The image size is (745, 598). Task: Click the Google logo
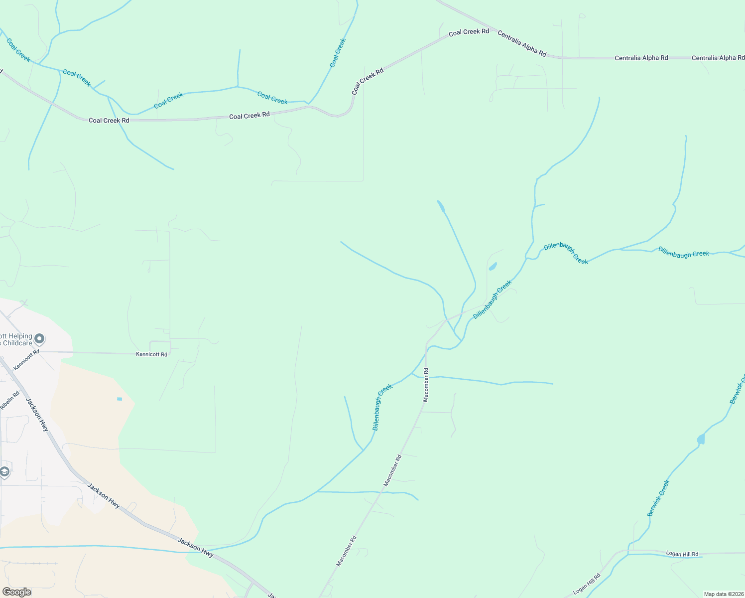(17, 592)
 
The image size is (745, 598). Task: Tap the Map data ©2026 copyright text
(723, 594)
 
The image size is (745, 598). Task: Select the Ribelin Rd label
(9, 401)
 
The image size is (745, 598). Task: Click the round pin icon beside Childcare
(40, 339)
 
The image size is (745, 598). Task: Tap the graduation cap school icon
(4, 471)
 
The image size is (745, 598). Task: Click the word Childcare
(17, 343)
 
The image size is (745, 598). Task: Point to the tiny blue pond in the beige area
(120, 399)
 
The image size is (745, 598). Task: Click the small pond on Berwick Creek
(701, 439)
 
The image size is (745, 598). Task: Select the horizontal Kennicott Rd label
(152, 354)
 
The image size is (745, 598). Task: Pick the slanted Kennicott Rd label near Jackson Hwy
(26, 360)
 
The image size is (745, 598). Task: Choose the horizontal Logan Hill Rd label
(682, 554)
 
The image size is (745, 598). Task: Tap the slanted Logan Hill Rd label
(587, 584)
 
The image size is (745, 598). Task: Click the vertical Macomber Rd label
(426, 385)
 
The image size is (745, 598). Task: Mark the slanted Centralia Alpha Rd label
(522, 44)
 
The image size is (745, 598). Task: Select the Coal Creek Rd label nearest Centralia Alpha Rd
(469, 32)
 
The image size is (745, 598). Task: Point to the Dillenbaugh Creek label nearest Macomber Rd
(382, 407)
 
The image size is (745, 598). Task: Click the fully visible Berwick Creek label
(658, 498)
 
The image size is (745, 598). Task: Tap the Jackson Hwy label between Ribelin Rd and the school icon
(37, 415)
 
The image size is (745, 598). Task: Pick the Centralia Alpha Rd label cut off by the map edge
(718, 58)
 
